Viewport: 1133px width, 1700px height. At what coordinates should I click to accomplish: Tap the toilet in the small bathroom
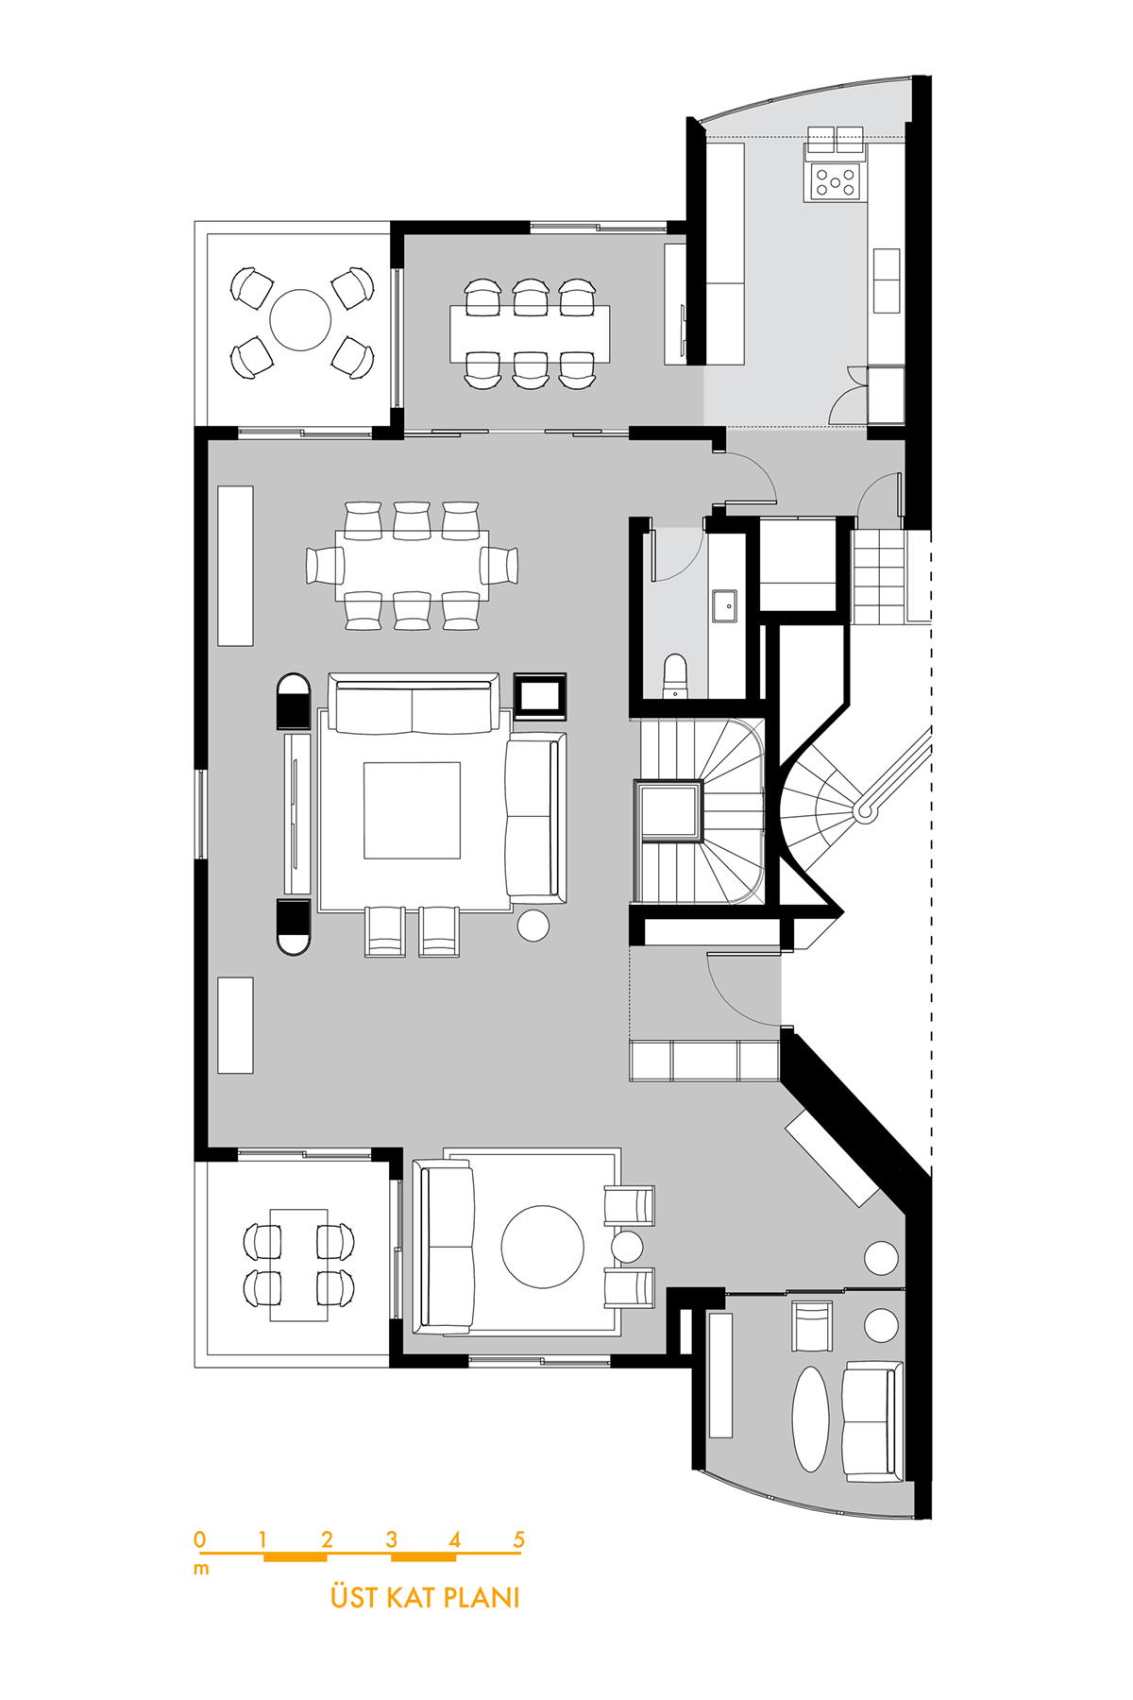click(675, 675)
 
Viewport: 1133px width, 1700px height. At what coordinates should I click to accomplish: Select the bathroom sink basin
click(725, 606)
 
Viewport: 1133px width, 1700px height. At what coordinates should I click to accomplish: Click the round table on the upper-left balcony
click(300, 320)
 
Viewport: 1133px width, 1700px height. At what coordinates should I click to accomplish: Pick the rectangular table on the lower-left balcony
click(299, 1265)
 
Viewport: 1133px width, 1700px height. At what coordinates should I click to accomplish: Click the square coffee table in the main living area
click(413, 810)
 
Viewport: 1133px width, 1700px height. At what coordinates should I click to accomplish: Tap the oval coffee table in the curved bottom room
click(810, 1419)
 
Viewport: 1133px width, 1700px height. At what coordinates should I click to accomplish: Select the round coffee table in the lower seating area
click(543, 1247)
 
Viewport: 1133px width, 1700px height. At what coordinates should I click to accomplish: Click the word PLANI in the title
click(482, 1597)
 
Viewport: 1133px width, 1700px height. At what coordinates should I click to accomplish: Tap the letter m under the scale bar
click(201, 1570)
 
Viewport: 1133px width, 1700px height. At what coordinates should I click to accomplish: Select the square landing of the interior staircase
click(670, 810)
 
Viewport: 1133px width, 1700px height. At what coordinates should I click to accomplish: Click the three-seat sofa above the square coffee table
click(413, 704)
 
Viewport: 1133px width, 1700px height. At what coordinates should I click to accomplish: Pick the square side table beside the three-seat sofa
click(540, 697)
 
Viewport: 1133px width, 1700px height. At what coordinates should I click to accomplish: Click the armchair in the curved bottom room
click(812, 1326)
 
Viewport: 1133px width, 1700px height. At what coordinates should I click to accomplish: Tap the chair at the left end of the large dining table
click(324, 565)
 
